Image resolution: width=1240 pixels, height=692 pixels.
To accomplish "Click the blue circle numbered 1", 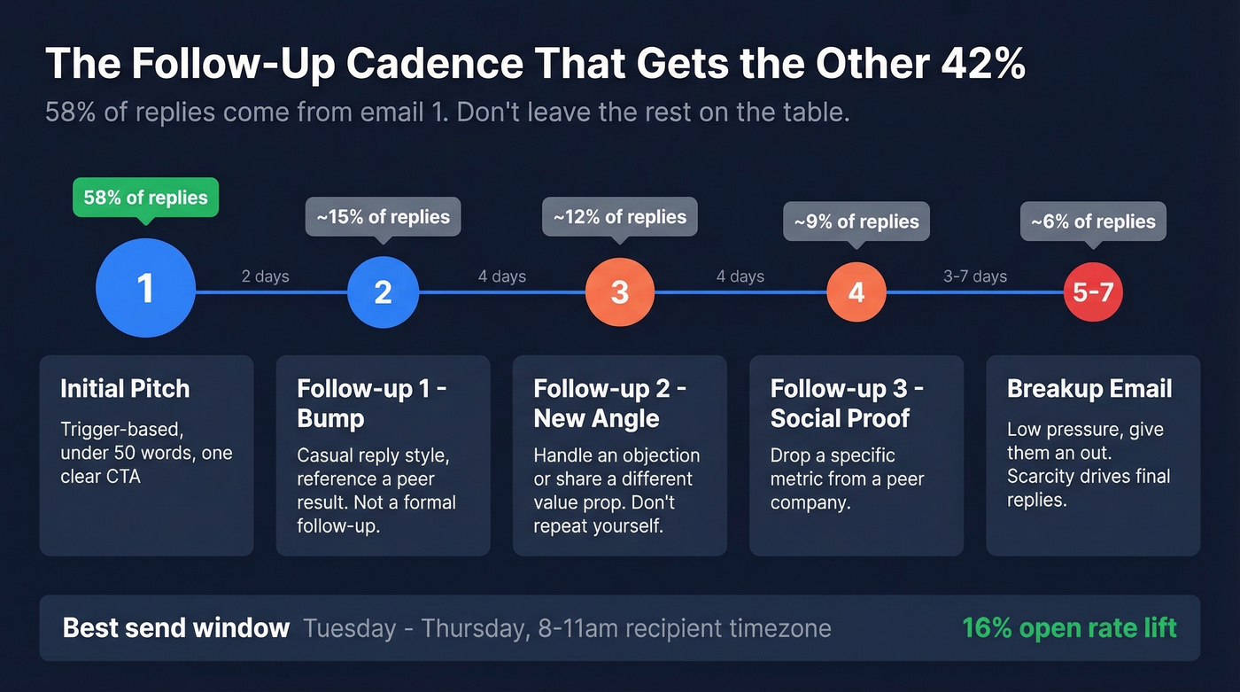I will click(x=145, y=289).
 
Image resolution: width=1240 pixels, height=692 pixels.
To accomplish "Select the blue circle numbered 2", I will click(x=383, y=292).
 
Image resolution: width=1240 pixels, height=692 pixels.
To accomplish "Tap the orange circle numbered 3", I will click(x=620, y=292).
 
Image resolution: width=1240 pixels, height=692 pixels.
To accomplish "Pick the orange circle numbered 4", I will click(x=856, y=292).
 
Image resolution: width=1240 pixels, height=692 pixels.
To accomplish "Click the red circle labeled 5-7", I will click(x=1093, y=292).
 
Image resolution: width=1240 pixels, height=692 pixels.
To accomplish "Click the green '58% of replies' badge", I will click(x=145, y=198).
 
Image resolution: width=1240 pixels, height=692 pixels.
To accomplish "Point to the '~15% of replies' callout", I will click(x=383, y=217).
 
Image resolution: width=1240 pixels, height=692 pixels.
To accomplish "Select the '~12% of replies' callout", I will click(x=620, y=217).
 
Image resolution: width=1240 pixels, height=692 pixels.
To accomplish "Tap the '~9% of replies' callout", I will click(x=856, y=222).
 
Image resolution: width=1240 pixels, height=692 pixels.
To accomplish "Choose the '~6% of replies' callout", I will click(x=1093, y=222).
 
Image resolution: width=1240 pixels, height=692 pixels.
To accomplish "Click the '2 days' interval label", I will click(x=265, y=276).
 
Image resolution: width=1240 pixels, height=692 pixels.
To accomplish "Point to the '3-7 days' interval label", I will click(x=974, y=276).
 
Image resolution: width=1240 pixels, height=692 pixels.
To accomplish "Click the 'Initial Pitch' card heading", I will click(x=125, y=388).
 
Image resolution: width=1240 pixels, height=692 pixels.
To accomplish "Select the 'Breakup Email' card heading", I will click(x=1089, y=388).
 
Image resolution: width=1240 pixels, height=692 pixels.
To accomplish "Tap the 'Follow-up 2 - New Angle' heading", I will click(x=609, y=403).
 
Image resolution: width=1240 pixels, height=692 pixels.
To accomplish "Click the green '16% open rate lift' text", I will click(x=1069, y=628).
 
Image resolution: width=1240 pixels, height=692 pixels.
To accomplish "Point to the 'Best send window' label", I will click(x=176, y=628).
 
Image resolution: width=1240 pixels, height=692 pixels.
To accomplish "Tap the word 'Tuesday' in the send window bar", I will click(x=350, y=629).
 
